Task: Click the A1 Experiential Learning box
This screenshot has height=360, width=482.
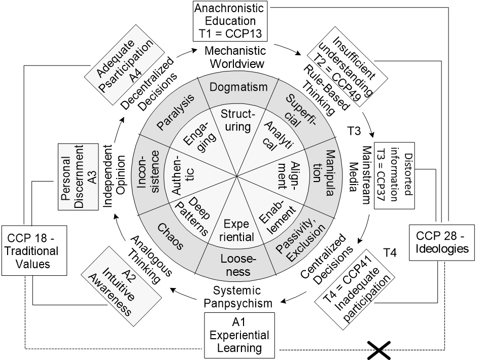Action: [239, 333]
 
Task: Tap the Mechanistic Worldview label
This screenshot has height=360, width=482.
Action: [234, 57]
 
